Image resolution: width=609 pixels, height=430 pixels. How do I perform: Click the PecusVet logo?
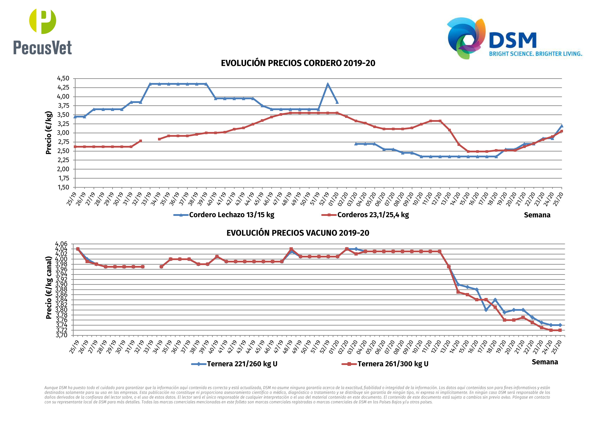(x=43, y=32)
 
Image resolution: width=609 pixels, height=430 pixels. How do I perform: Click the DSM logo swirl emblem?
(x=466, y=38)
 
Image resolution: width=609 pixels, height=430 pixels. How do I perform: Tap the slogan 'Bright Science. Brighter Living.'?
(x=535, y=54)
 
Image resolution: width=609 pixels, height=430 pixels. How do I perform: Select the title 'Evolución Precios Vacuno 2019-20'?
(x=298, y=233)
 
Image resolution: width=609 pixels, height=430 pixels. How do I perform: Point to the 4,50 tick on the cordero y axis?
(x=63, y=78)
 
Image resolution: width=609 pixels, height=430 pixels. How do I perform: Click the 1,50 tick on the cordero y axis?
(x=63, y=187)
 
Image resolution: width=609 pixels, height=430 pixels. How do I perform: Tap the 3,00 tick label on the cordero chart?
(x=63, y=133)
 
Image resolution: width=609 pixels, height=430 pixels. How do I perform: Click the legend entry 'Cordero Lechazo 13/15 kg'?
(x=231, y=215)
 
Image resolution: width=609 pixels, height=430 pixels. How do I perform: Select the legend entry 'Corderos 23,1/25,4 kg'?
(x=373, y=215)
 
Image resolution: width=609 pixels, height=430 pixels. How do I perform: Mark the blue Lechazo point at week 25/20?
(x=561, y=126)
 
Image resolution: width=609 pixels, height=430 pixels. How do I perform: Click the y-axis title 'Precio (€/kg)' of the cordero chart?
(x=49, y=133)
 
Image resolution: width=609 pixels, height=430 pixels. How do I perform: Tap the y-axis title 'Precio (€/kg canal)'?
(x=49, y=288)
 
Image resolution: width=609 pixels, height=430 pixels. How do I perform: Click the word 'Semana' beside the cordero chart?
(x=537, y=215)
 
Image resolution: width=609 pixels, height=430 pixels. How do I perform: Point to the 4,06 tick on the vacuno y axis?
(x=61, y=244)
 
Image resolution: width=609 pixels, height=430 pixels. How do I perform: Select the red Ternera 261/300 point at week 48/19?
(x=291, y=249)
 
